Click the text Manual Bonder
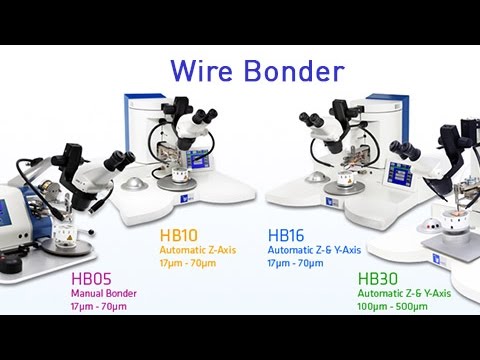click(103, 293)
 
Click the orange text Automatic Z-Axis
click(197, 250)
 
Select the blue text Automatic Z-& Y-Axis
click(314, 250)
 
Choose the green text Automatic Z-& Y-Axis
click(405, 293)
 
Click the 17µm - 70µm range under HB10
click(188, 262)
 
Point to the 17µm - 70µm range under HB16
click(296, 262)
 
